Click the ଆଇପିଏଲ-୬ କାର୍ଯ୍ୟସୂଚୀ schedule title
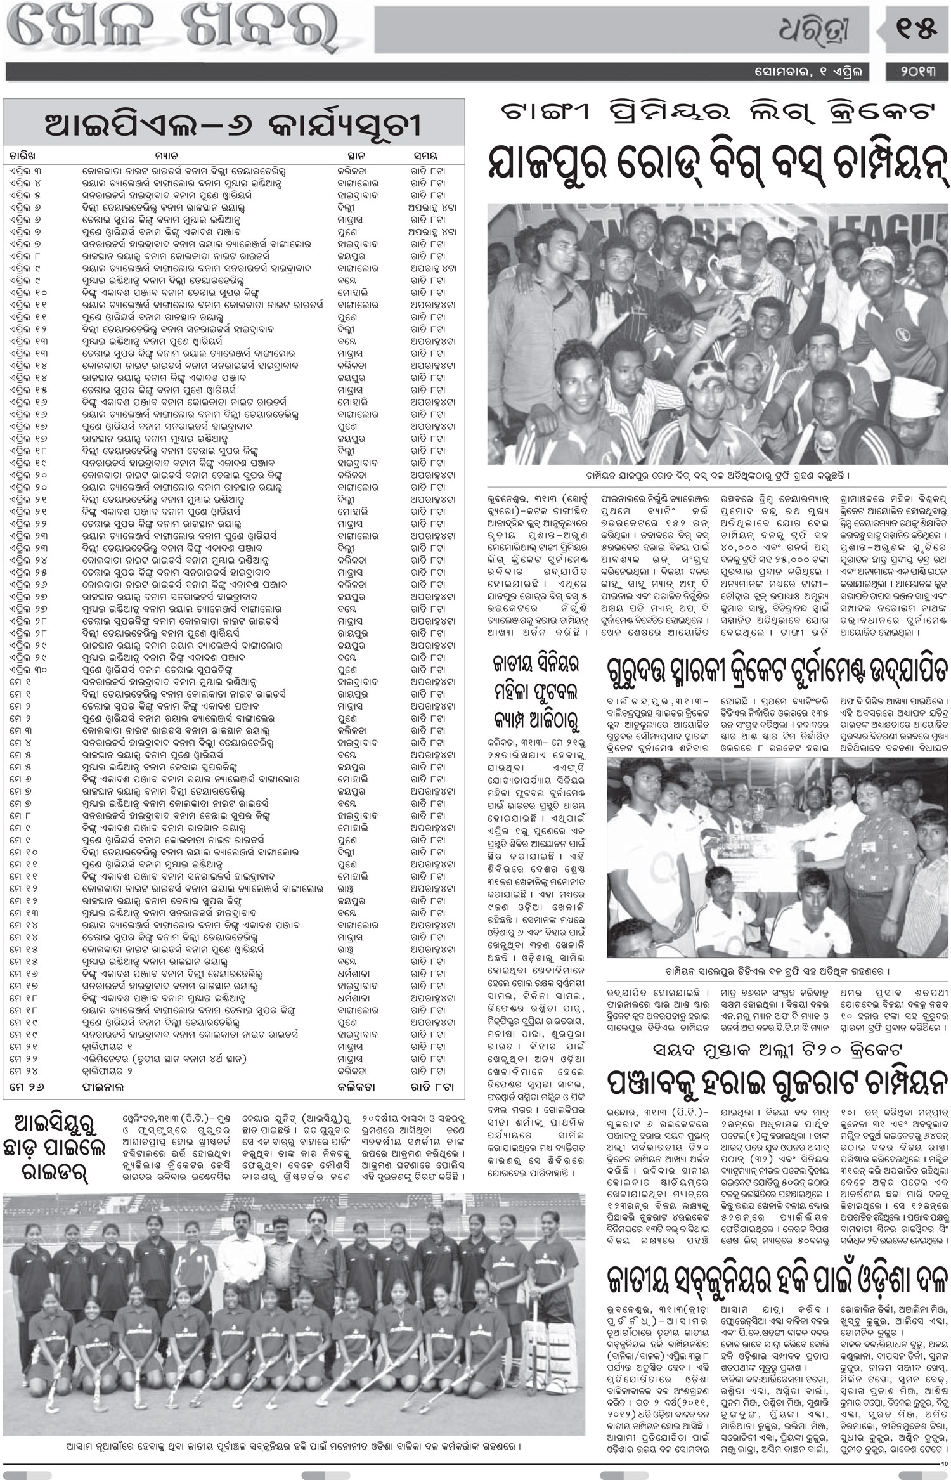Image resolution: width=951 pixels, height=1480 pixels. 233,125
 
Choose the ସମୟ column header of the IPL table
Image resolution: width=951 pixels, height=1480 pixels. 425,155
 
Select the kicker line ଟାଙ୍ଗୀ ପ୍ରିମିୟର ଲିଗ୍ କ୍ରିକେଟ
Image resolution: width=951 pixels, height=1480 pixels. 717,113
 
